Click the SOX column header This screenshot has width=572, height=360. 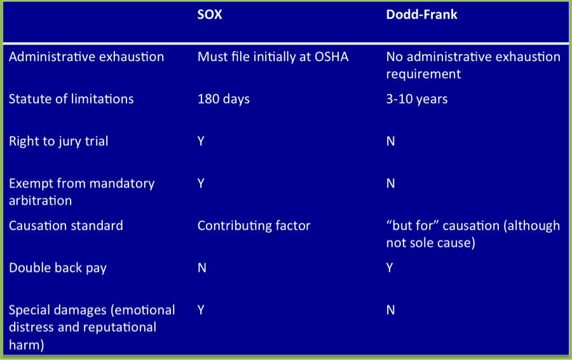tap(210, 15)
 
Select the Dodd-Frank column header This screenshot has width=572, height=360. tap(421, 15)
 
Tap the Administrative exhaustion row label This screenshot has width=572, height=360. tap(86, 57)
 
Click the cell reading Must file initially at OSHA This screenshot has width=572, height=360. tap(273, 57)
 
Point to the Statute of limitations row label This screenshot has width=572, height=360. tap(71, 99)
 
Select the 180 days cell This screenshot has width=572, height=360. tap(224, 99)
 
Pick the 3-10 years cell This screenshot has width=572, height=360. tap(417, 99)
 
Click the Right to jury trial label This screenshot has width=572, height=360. tap(58, 141)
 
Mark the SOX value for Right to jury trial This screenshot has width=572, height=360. tap(201, 141)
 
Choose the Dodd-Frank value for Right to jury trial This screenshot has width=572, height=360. tap(391, 141)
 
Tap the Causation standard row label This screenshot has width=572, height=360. tap(66, 226)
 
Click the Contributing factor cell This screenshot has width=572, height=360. tap(254, 226)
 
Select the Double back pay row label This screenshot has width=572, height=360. tap(58, 268)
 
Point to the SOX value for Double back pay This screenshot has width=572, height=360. tap(201, 268)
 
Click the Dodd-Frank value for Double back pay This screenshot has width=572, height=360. tap(390, 268)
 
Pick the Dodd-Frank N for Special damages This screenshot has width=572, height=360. tap(391, 310)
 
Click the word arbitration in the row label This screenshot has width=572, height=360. tap(40, 200)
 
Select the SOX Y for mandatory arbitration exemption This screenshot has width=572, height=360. tap(201, 183)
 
